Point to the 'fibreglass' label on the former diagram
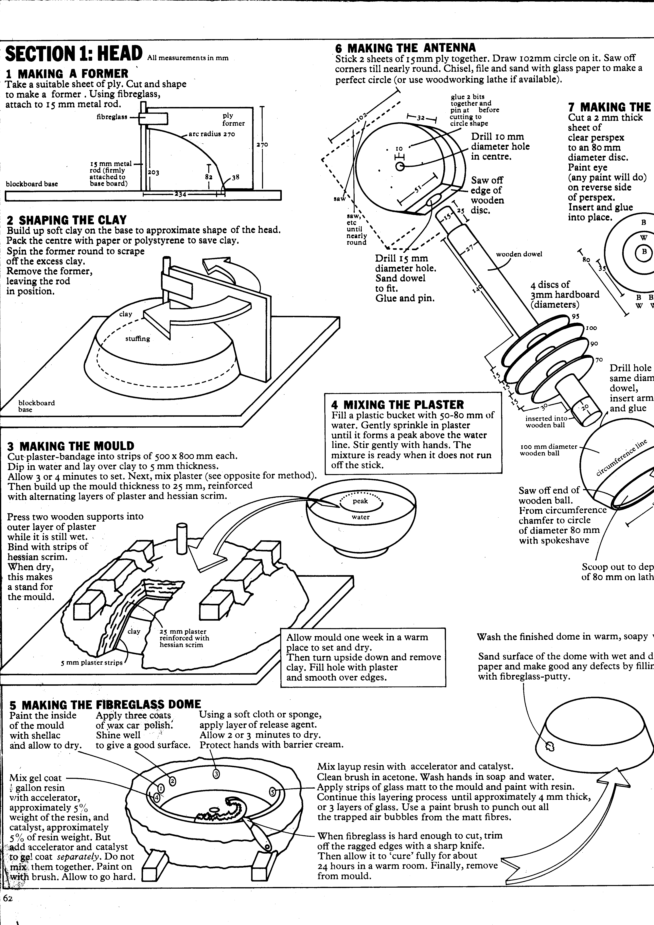(112, 117)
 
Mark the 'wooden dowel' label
(519, 254)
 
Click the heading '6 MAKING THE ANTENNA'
(405, 48)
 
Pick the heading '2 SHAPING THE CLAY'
(67, 220)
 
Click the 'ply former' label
(233, 119)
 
